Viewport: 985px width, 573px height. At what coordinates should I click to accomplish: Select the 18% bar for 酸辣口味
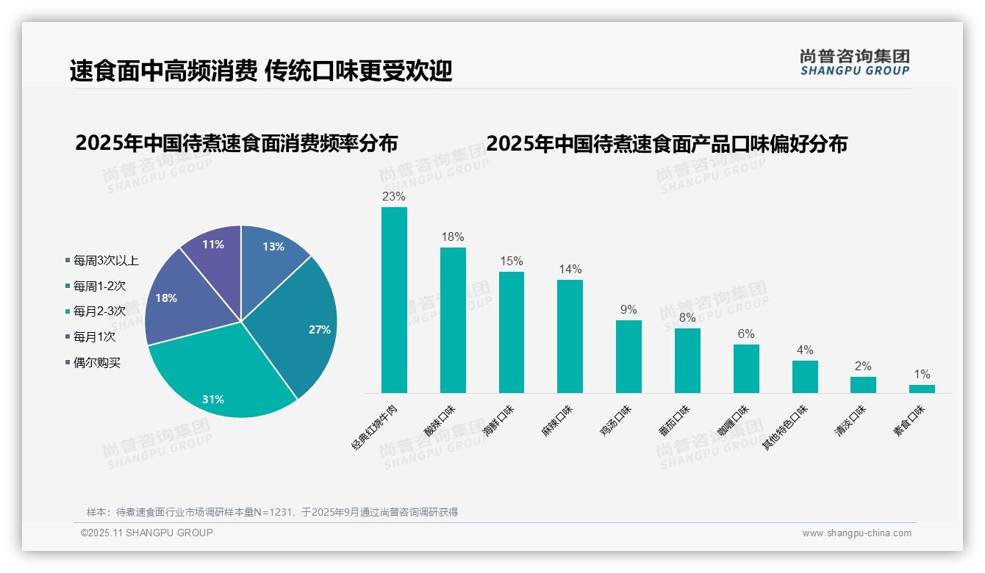(453, 320)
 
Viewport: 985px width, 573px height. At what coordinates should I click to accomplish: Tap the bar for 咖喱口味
(746, 369)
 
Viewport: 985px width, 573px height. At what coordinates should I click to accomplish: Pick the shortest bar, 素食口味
(922, 389)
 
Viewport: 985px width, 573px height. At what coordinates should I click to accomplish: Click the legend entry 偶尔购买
(96, 363)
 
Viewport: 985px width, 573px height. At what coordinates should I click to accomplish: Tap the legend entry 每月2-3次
(99, 311)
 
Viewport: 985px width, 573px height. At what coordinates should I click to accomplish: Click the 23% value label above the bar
(393, 197)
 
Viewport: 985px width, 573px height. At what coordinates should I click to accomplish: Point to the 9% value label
(628, 310)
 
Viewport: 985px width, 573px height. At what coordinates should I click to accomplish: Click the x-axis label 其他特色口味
(785, 427)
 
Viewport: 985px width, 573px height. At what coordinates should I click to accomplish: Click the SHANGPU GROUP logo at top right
(854, 62)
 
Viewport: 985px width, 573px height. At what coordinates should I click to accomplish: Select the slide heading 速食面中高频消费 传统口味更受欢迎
(261, 71)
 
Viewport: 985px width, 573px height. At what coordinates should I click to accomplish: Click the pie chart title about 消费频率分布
(236, 143)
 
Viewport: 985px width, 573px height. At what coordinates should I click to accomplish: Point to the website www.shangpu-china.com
(856, 533)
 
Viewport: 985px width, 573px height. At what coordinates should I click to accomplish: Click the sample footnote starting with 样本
(272, 512)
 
